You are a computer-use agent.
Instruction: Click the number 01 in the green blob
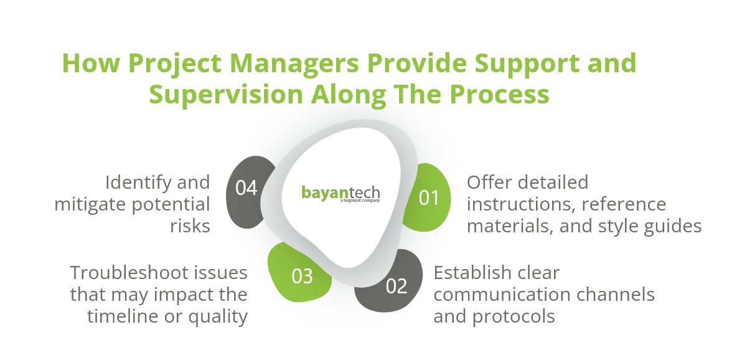(429, 199)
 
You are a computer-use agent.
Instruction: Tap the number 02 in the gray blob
(396, 287)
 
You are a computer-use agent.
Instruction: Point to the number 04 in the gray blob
(247, 187)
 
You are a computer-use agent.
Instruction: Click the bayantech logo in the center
(340, 194)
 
